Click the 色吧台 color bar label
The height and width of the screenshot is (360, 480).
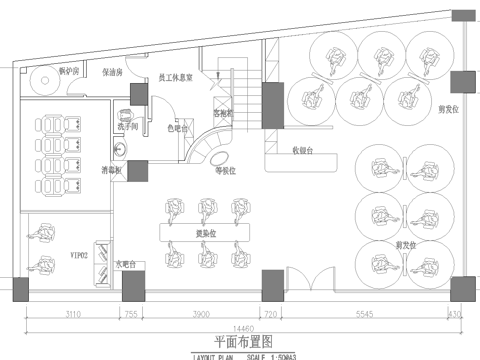click(x=177, y=128)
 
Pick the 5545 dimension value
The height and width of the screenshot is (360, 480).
click(x=364, y=313)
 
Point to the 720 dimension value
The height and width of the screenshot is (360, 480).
click(x=268, y=313)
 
